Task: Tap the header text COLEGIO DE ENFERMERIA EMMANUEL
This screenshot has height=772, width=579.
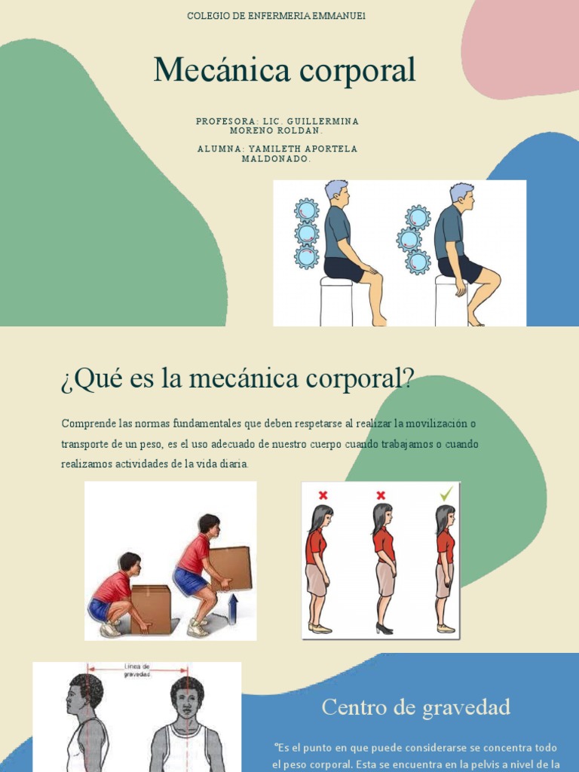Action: pyautogui.click(x=277, y=16)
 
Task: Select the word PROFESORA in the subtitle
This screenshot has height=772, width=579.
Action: pyautogui.click(x=224, y=121)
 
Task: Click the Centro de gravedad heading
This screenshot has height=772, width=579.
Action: pyautogui.click(x=415, y=707)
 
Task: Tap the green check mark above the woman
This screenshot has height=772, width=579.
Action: pyautogui.click(x=447, y=494)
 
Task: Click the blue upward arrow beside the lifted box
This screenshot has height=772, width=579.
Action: pyautogui.click(x=232, y=608)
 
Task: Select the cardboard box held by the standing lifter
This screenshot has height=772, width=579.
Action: pyautogui.click(x=230, y=568)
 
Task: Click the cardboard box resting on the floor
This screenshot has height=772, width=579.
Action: pyautogui.click(x=151, y=608)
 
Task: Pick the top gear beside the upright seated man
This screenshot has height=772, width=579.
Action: pyautogui.click(x=306, y=210)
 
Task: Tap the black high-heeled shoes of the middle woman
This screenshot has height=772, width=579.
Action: pyautogui.click(x=384, y=628)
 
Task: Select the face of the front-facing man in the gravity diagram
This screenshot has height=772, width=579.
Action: pyautogui.click(x=186, y=701)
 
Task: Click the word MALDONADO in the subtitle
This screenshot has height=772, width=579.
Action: pyautogui.click(x=277, y=158)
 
